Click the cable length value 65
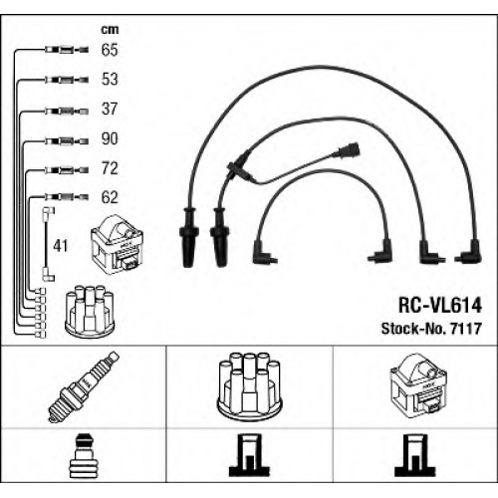pos(110,50)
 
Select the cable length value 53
pos(110,79)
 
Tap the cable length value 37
pos(110,109)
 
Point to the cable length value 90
pos(110,138)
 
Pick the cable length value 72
pos(110,168)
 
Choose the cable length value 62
pos(110,197)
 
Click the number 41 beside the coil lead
pos(61,246)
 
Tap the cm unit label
pos(110,30)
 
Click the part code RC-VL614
pos(440,305)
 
